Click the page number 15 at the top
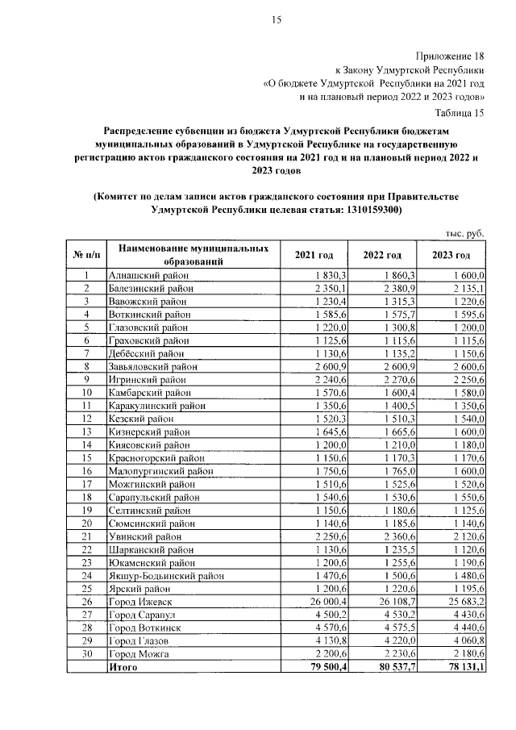[x=274, y=21]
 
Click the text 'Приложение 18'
[x=450, y=56]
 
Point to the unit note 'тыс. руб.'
[x=464, y=233]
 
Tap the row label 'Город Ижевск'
[x=140, y=603]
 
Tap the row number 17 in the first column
[x=85, y=485]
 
